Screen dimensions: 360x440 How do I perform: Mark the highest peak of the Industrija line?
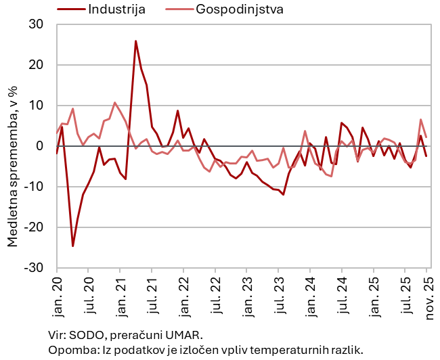(135, 41)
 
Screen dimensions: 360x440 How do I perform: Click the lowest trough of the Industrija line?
(72, 246)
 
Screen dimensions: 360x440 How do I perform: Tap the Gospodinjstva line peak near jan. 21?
(115, 103)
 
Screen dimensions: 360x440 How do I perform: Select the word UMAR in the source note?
(185, 335)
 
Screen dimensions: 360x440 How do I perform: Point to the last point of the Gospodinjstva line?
(426, 137)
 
